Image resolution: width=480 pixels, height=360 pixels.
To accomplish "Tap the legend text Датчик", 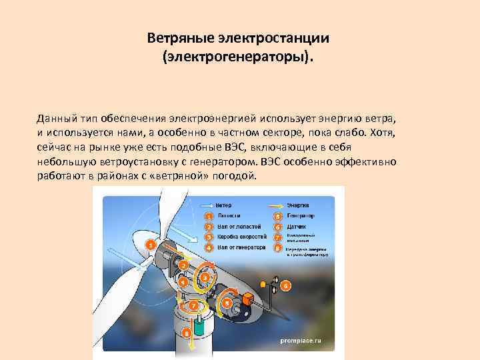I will coord(296,227).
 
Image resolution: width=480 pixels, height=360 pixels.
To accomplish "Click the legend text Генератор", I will coord(301,216).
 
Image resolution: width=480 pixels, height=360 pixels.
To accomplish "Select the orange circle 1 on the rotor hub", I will coord(151,245).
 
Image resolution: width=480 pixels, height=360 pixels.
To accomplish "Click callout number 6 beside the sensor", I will coord(285,285).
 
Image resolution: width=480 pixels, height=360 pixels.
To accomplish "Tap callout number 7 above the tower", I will coord(193,305).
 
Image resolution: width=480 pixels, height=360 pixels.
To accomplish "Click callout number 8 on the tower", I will coord(187,331).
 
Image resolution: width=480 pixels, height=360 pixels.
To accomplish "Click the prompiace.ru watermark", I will coord(300,340).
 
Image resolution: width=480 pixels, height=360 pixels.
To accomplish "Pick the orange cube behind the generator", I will coord(248,301).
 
